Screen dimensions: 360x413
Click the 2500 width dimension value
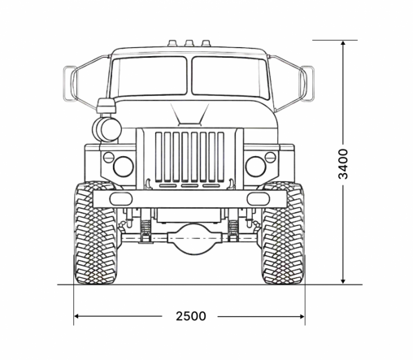(189, 316)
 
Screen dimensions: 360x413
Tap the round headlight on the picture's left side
(123, 167)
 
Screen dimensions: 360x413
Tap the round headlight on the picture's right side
(256, 167)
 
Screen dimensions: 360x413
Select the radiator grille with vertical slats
(189, 156)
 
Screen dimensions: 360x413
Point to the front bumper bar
(189, 198)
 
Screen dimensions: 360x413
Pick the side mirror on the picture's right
(309, 81)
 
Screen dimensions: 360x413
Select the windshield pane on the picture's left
(148, 76)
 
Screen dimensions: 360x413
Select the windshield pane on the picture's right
(230, 76)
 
